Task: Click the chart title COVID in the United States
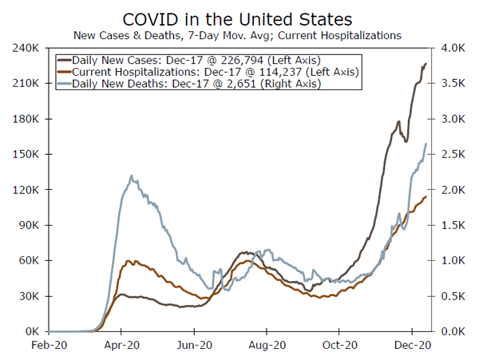(x=238, y=18)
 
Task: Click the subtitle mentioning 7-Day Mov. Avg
(x=238, y=35)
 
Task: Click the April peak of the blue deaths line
(x=132, y=176)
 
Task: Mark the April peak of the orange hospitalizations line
(x=128, y=260)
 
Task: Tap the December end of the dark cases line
(x=426, y=63)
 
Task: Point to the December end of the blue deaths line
(x=426, y=144)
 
